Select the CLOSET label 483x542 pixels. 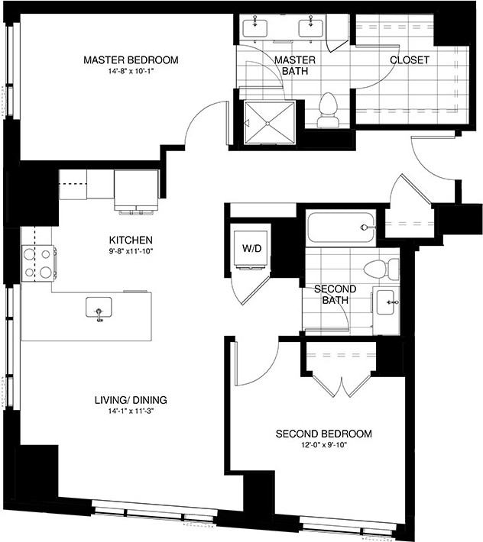pos(410,60)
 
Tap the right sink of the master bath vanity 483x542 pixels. pos(312,27)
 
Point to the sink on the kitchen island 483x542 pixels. pos(99,308)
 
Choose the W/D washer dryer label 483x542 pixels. pos(252,247)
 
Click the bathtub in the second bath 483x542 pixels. pos(341,227)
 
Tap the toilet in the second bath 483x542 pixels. pos(381,268)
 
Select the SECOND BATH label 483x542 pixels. pos(332,295)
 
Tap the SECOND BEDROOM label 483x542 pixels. pos(324,434)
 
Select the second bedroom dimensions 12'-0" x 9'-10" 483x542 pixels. pos(324,446)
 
